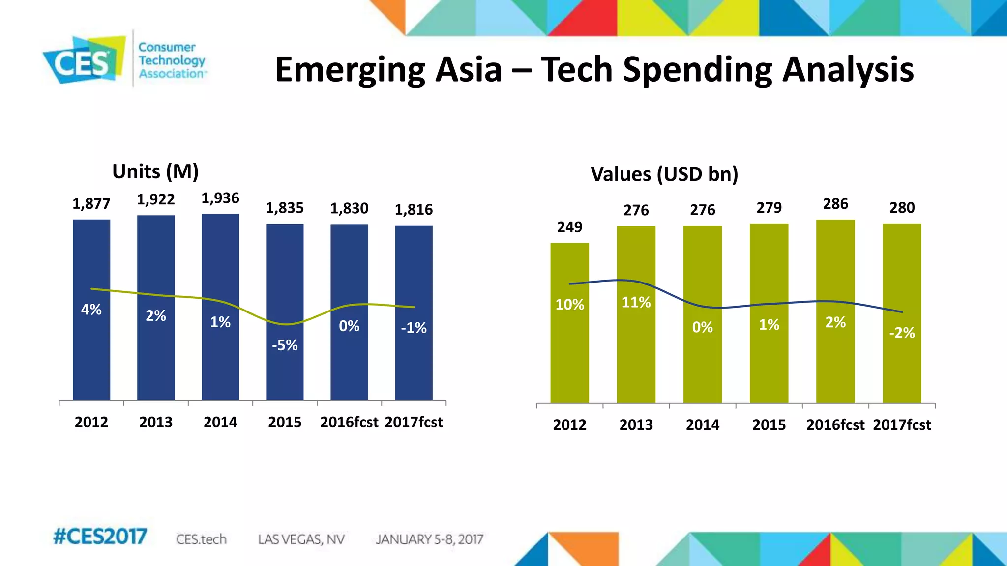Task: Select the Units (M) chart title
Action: tap(155, 172)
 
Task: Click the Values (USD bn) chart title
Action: tap(664, 174)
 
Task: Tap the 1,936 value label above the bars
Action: tap(220, 198)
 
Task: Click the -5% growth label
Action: tap(285, 345)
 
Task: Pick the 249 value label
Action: tap(569, 227)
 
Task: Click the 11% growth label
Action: tap(636, 302)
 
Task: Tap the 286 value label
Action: tap(835, 204)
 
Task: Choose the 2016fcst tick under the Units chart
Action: tap(349, 422)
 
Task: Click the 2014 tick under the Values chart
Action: tap(702, 425)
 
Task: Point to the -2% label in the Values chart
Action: tap(902, 333)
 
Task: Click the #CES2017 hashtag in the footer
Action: tap(100, 537)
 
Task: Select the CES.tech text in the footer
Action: tap(201, 539)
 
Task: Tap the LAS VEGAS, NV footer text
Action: tap(301, 539)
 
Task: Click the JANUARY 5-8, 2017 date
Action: tap(429, 539)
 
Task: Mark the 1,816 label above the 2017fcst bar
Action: tap(414, 210)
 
